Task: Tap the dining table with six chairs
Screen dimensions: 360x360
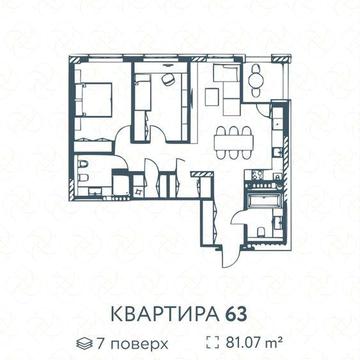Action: (x=234, y=143)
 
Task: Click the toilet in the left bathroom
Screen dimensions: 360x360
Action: (x=84, y=167)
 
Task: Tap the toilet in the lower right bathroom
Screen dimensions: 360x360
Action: (x=261, y=230)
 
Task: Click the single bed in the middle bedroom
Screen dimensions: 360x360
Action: (x=143, y=96)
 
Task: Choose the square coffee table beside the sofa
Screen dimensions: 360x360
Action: (x=212, y=97)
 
